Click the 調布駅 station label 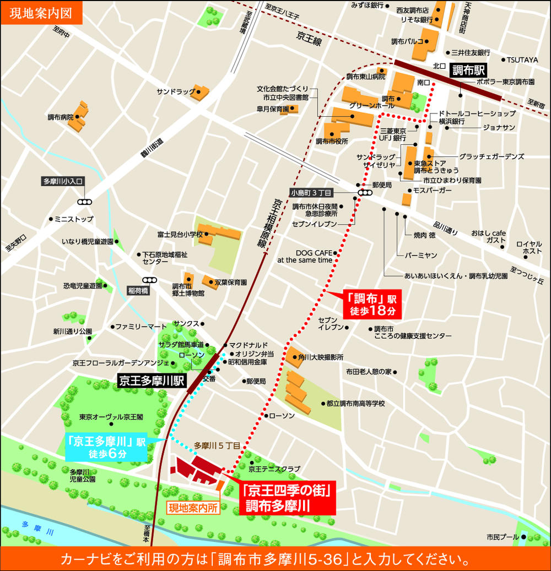470,70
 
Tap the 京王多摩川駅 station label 153,380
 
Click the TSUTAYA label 522,59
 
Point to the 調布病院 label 60,117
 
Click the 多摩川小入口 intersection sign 63,181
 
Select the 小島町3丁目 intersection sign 311,193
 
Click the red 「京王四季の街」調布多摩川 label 287,497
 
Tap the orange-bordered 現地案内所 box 193,508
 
